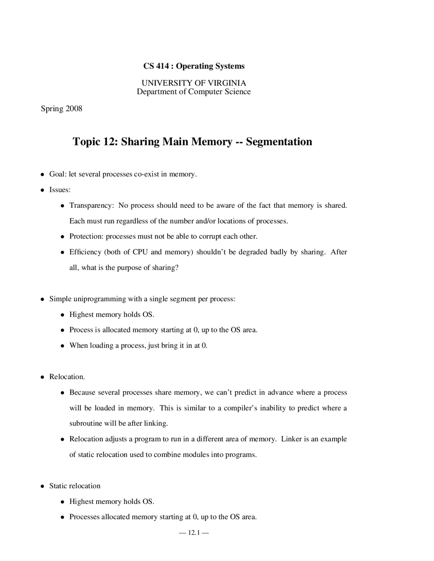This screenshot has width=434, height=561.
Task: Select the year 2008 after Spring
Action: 74,109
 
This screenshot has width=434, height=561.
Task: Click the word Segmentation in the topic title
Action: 279,142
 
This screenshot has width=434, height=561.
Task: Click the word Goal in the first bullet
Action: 57,174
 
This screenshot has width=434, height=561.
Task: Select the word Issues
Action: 60,190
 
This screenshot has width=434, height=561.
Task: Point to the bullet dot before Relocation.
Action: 42,377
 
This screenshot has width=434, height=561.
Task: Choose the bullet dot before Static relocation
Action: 42,486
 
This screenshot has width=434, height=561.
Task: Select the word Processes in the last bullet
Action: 84,517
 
